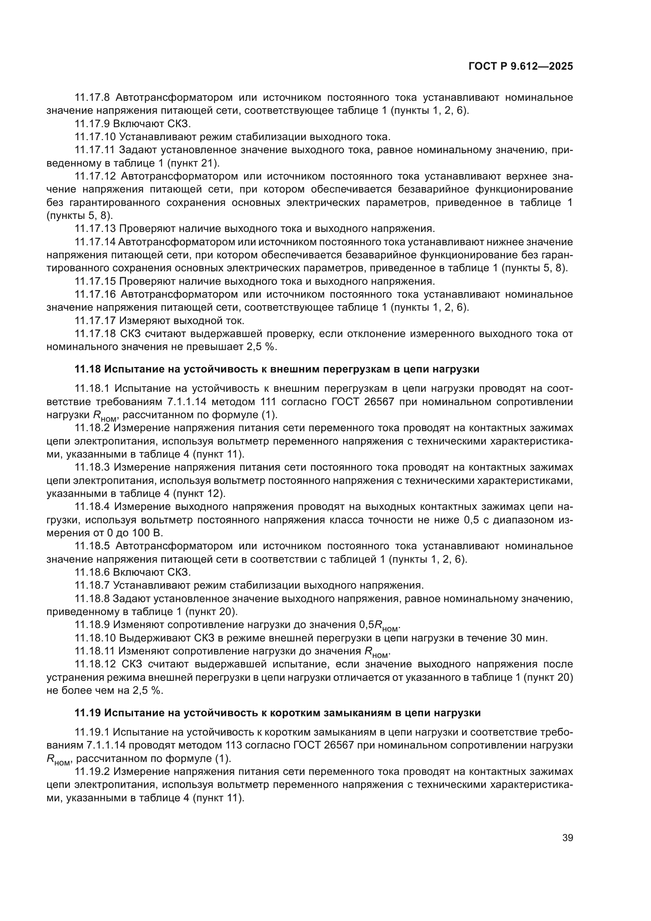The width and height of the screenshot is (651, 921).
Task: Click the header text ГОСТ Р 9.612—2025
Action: tap(521, 67)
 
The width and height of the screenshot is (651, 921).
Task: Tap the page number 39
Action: tap(567, 838)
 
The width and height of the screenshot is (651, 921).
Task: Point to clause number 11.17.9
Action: tap(92, 124)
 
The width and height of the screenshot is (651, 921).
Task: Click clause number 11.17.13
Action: tap(95, 229)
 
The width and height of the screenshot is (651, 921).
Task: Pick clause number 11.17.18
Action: tap(95, 334)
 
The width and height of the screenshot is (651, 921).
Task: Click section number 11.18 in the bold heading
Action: tap(88, 369)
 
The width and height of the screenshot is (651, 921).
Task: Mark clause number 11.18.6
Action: tap(92, 572)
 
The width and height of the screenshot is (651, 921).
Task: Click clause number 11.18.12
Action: tap(95, 664)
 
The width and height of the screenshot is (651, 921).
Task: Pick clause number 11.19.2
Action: tap(92, 772)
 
